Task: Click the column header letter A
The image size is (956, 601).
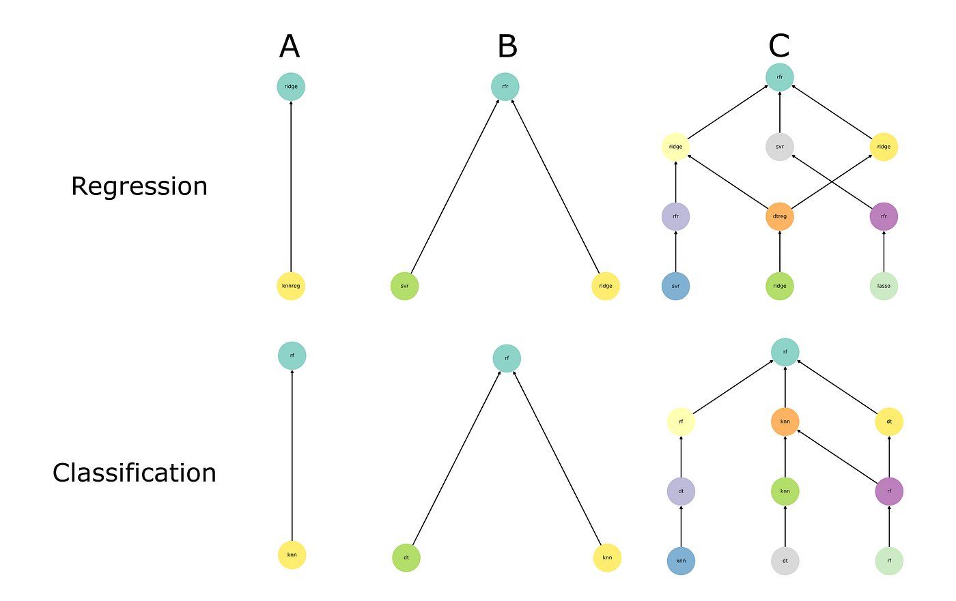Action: click(x=290, y=47)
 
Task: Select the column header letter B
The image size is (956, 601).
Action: click(x=507, y=47)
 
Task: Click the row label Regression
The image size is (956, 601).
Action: click(x=139, y=186)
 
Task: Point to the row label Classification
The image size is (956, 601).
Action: click(x=134, y=473)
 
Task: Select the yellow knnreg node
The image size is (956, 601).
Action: click(x=291, y=286)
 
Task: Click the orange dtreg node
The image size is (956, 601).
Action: click(x=780, y=216)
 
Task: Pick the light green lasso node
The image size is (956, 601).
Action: click(x=884, y=286)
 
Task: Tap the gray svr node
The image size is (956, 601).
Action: click(x=780, y=147)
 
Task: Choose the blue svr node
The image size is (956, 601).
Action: click(x=675, y=286)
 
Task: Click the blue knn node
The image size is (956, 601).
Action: click(x=681, y=561)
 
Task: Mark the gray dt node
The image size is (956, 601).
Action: click(x=785, y=561)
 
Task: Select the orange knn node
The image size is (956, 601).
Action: click(x=785, y=422)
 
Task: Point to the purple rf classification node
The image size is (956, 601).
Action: click(x=889, y=490)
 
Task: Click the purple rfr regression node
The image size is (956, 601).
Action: click(x=884, y=216)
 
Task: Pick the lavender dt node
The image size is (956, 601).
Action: click(x=681, y=490)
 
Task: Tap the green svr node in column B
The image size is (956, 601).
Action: click(x=404, y=286)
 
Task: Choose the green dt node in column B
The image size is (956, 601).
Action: click(x=406, y=557)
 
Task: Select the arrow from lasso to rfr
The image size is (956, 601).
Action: click(x=884, y=251)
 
